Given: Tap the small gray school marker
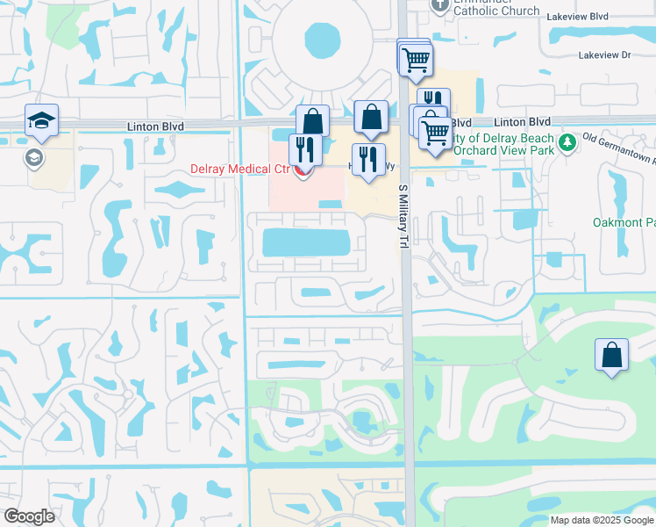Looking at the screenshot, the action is point(34,157).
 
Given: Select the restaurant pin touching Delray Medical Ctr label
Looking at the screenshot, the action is point(304,151).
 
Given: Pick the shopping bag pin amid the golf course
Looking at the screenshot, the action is point(611,357).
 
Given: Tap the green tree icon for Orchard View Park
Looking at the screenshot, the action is point(567,141).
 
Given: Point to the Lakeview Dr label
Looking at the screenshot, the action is point(604,54).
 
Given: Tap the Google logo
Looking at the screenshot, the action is point(29,516).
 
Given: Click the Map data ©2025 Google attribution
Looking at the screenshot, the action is point(601,520).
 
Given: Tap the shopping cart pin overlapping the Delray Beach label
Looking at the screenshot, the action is point(435,133).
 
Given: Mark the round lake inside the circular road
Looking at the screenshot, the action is point(322,40).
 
